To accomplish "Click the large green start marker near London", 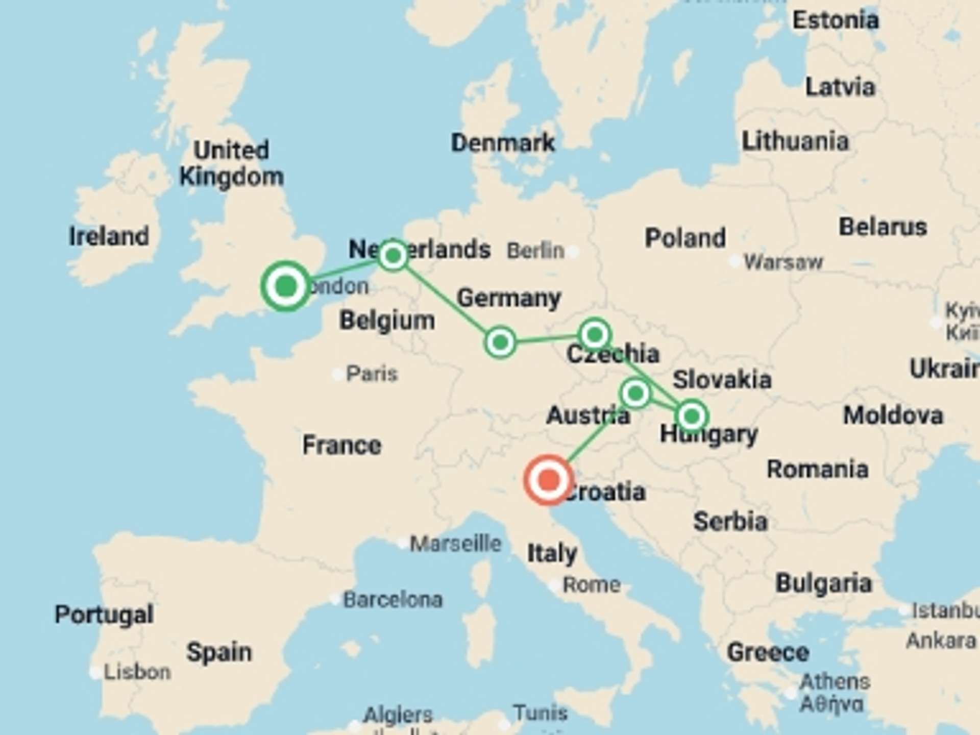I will point(286,286).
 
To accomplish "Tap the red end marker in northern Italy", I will point(548,480).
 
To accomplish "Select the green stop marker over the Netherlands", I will point(393,255).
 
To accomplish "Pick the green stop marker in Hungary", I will point(692,416).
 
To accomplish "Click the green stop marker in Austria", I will point(635,393).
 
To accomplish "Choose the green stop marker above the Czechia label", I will point(595,335).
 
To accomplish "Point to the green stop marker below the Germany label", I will point(500,342).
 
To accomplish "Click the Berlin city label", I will point(535,251).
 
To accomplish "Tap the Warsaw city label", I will point(783,262).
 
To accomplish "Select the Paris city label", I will point(372,374).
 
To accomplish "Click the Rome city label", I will point(591,584).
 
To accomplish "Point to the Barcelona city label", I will point(393,600).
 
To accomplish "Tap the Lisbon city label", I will point(137,672).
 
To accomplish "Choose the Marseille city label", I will point(456,544).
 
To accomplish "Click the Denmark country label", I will point(503,143).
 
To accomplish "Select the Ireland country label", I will point(109,236).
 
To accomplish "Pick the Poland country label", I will point(685,238).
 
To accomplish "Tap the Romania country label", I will point(817,469).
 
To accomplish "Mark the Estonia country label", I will point(835,20).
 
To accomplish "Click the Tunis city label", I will point(540,713).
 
